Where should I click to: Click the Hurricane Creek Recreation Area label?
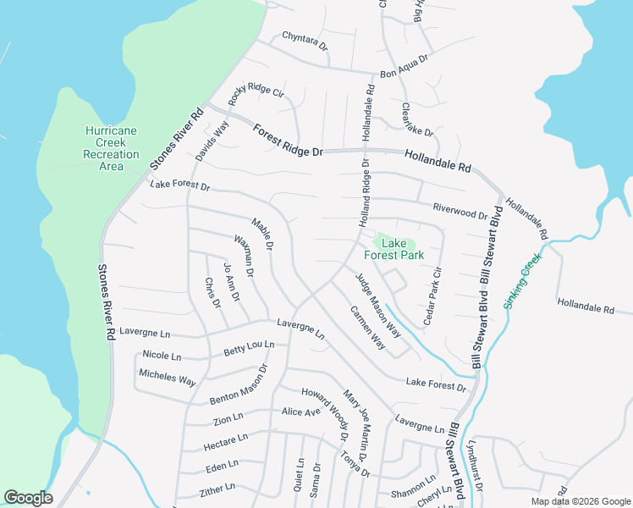tap(110, 148)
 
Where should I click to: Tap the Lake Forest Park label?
tap(394, 247)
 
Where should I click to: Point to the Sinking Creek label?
tap(522, 281)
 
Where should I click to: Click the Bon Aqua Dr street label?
tap(405, 64)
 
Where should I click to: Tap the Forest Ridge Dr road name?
tap(288, 141)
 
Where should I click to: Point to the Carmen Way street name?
tap(368, 326)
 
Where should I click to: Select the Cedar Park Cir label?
tap(433, 295)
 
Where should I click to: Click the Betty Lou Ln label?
tap(249, 347)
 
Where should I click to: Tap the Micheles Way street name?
tap(168, 377)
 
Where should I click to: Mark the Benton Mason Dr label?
tap(238, 384)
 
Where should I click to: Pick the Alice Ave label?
tap(301, 412)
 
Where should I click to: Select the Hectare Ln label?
tap(226, 442)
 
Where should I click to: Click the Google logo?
tap(28, 498)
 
